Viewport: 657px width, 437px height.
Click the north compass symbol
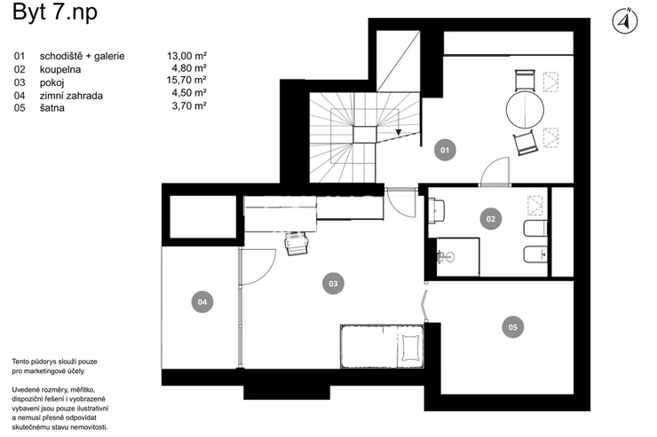coord(625,21)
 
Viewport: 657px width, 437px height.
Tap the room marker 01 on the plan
coord(445,150)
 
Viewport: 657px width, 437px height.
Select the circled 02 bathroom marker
coord(491,219)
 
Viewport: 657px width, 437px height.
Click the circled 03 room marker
coord(333,284)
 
